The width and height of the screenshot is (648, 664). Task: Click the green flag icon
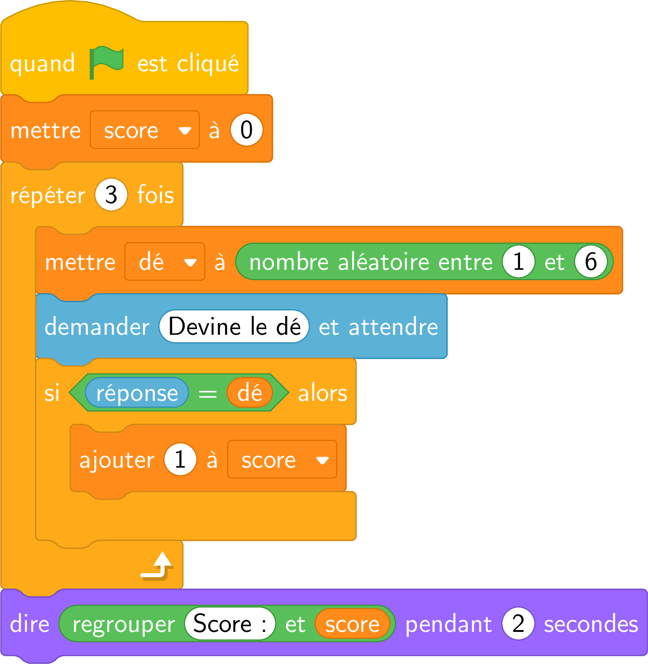click(106, 62)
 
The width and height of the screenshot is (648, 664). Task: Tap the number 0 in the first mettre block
click(246, 130)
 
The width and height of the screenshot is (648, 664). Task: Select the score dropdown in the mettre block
click(145, 130)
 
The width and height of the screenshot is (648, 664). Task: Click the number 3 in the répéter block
click(111, 195)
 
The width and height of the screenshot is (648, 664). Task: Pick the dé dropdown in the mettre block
click(165, 262)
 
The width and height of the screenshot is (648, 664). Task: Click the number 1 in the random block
click(518, 261)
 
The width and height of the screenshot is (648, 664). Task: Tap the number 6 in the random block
click(590, 261)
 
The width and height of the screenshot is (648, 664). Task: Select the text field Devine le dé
click(234, 326)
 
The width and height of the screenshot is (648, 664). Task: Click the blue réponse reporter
click(137, 392)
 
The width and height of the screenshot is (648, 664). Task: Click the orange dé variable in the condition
click(250, 392)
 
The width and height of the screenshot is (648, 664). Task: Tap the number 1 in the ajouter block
click(180, 459)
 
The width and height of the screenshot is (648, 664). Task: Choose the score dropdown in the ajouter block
click(283, 460)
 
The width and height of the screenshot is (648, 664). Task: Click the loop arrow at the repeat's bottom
click(157, 565)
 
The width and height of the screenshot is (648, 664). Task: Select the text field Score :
click(230, 623)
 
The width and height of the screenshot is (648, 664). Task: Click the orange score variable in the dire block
click(352, 623)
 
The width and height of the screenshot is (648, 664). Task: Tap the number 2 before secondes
click(518, 623)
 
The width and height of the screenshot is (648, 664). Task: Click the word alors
click(323, 393)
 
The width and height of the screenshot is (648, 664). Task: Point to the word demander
click(97, 326)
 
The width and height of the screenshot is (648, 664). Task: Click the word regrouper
click(124, 625)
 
